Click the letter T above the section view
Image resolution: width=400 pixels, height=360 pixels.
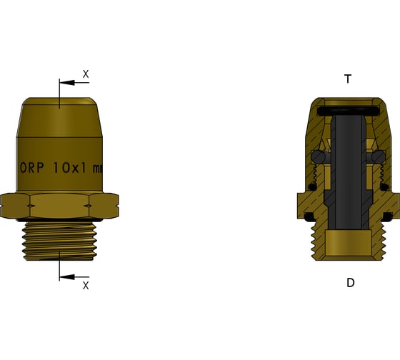[x=348, y=79]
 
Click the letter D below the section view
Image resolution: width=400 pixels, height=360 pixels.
[x=350, y=282]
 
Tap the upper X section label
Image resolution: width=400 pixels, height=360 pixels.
[x=86, y=74]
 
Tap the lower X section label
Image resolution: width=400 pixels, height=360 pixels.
[x=86, y=285]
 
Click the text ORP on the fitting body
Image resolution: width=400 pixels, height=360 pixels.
[x=32, y=169]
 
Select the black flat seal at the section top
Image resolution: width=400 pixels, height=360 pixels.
[x=347, y=111]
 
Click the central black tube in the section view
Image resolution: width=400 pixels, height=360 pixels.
[x=347, y=157]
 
